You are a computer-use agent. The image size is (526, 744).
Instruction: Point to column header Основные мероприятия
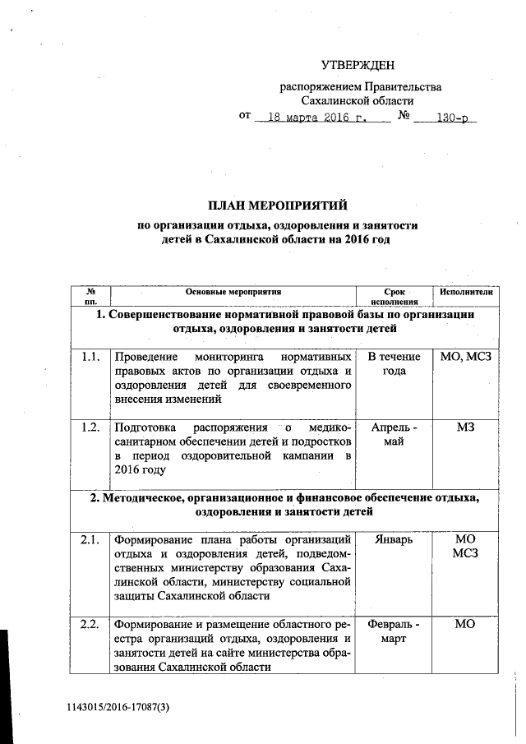(x=233, y=292)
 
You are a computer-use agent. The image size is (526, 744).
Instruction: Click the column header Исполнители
(x=466, y=292)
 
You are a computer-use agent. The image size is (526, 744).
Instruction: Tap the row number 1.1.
(x=90, y=357)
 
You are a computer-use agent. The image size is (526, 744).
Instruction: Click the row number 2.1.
(x=90, y=539)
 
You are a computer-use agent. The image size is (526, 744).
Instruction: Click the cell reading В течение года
(x=395, y=363)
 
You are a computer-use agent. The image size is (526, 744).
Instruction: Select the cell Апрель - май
(x=395, y=434)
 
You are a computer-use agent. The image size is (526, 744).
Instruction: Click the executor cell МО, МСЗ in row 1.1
(x=465, y=357)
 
